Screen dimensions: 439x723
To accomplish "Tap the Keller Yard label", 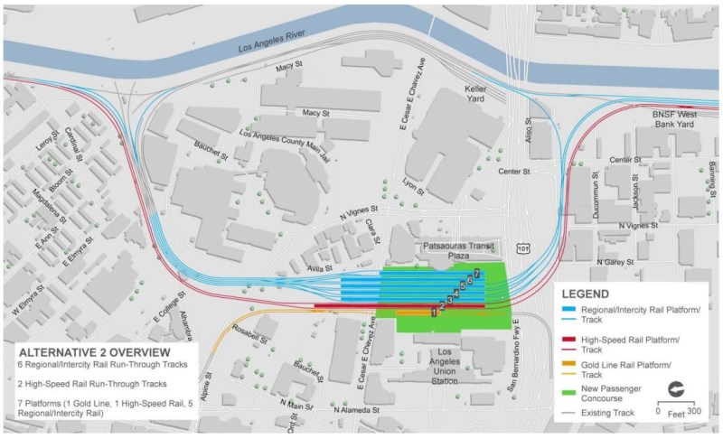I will pos(474,94).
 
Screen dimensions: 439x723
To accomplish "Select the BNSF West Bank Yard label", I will pos(670,122).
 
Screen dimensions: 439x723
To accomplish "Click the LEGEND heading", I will pos(591,294).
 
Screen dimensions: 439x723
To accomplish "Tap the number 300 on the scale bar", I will pos(694,411).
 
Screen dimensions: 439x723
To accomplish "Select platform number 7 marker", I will pos(475,273).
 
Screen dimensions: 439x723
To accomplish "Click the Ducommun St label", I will pos(595,185).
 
